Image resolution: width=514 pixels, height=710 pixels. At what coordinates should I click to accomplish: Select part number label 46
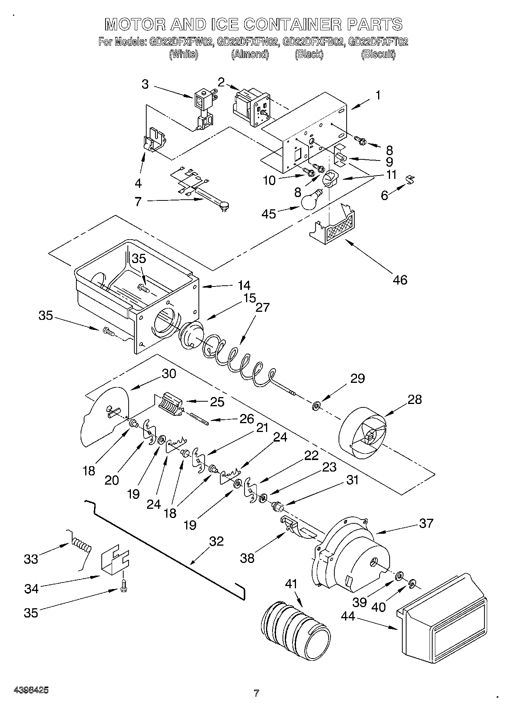(x=400, y=280)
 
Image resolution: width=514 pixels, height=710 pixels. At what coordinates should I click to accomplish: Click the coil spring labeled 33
(x=81, y=546)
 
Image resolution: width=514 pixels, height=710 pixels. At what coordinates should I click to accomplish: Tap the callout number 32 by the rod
(x=216, y=541)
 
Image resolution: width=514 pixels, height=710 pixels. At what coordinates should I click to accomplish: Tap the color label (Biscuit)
(x=378, y=54)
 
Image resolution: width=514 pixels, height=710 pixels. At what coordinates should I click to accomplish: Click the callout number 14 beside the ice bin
(x=244, y=285)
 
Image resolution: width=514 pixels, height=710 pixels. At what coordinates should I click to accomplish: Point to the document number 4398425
(x=31, y=690)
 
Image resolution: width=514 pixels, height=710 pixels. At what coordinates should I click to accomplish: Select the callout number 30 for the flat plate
(x=169, y=373)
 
